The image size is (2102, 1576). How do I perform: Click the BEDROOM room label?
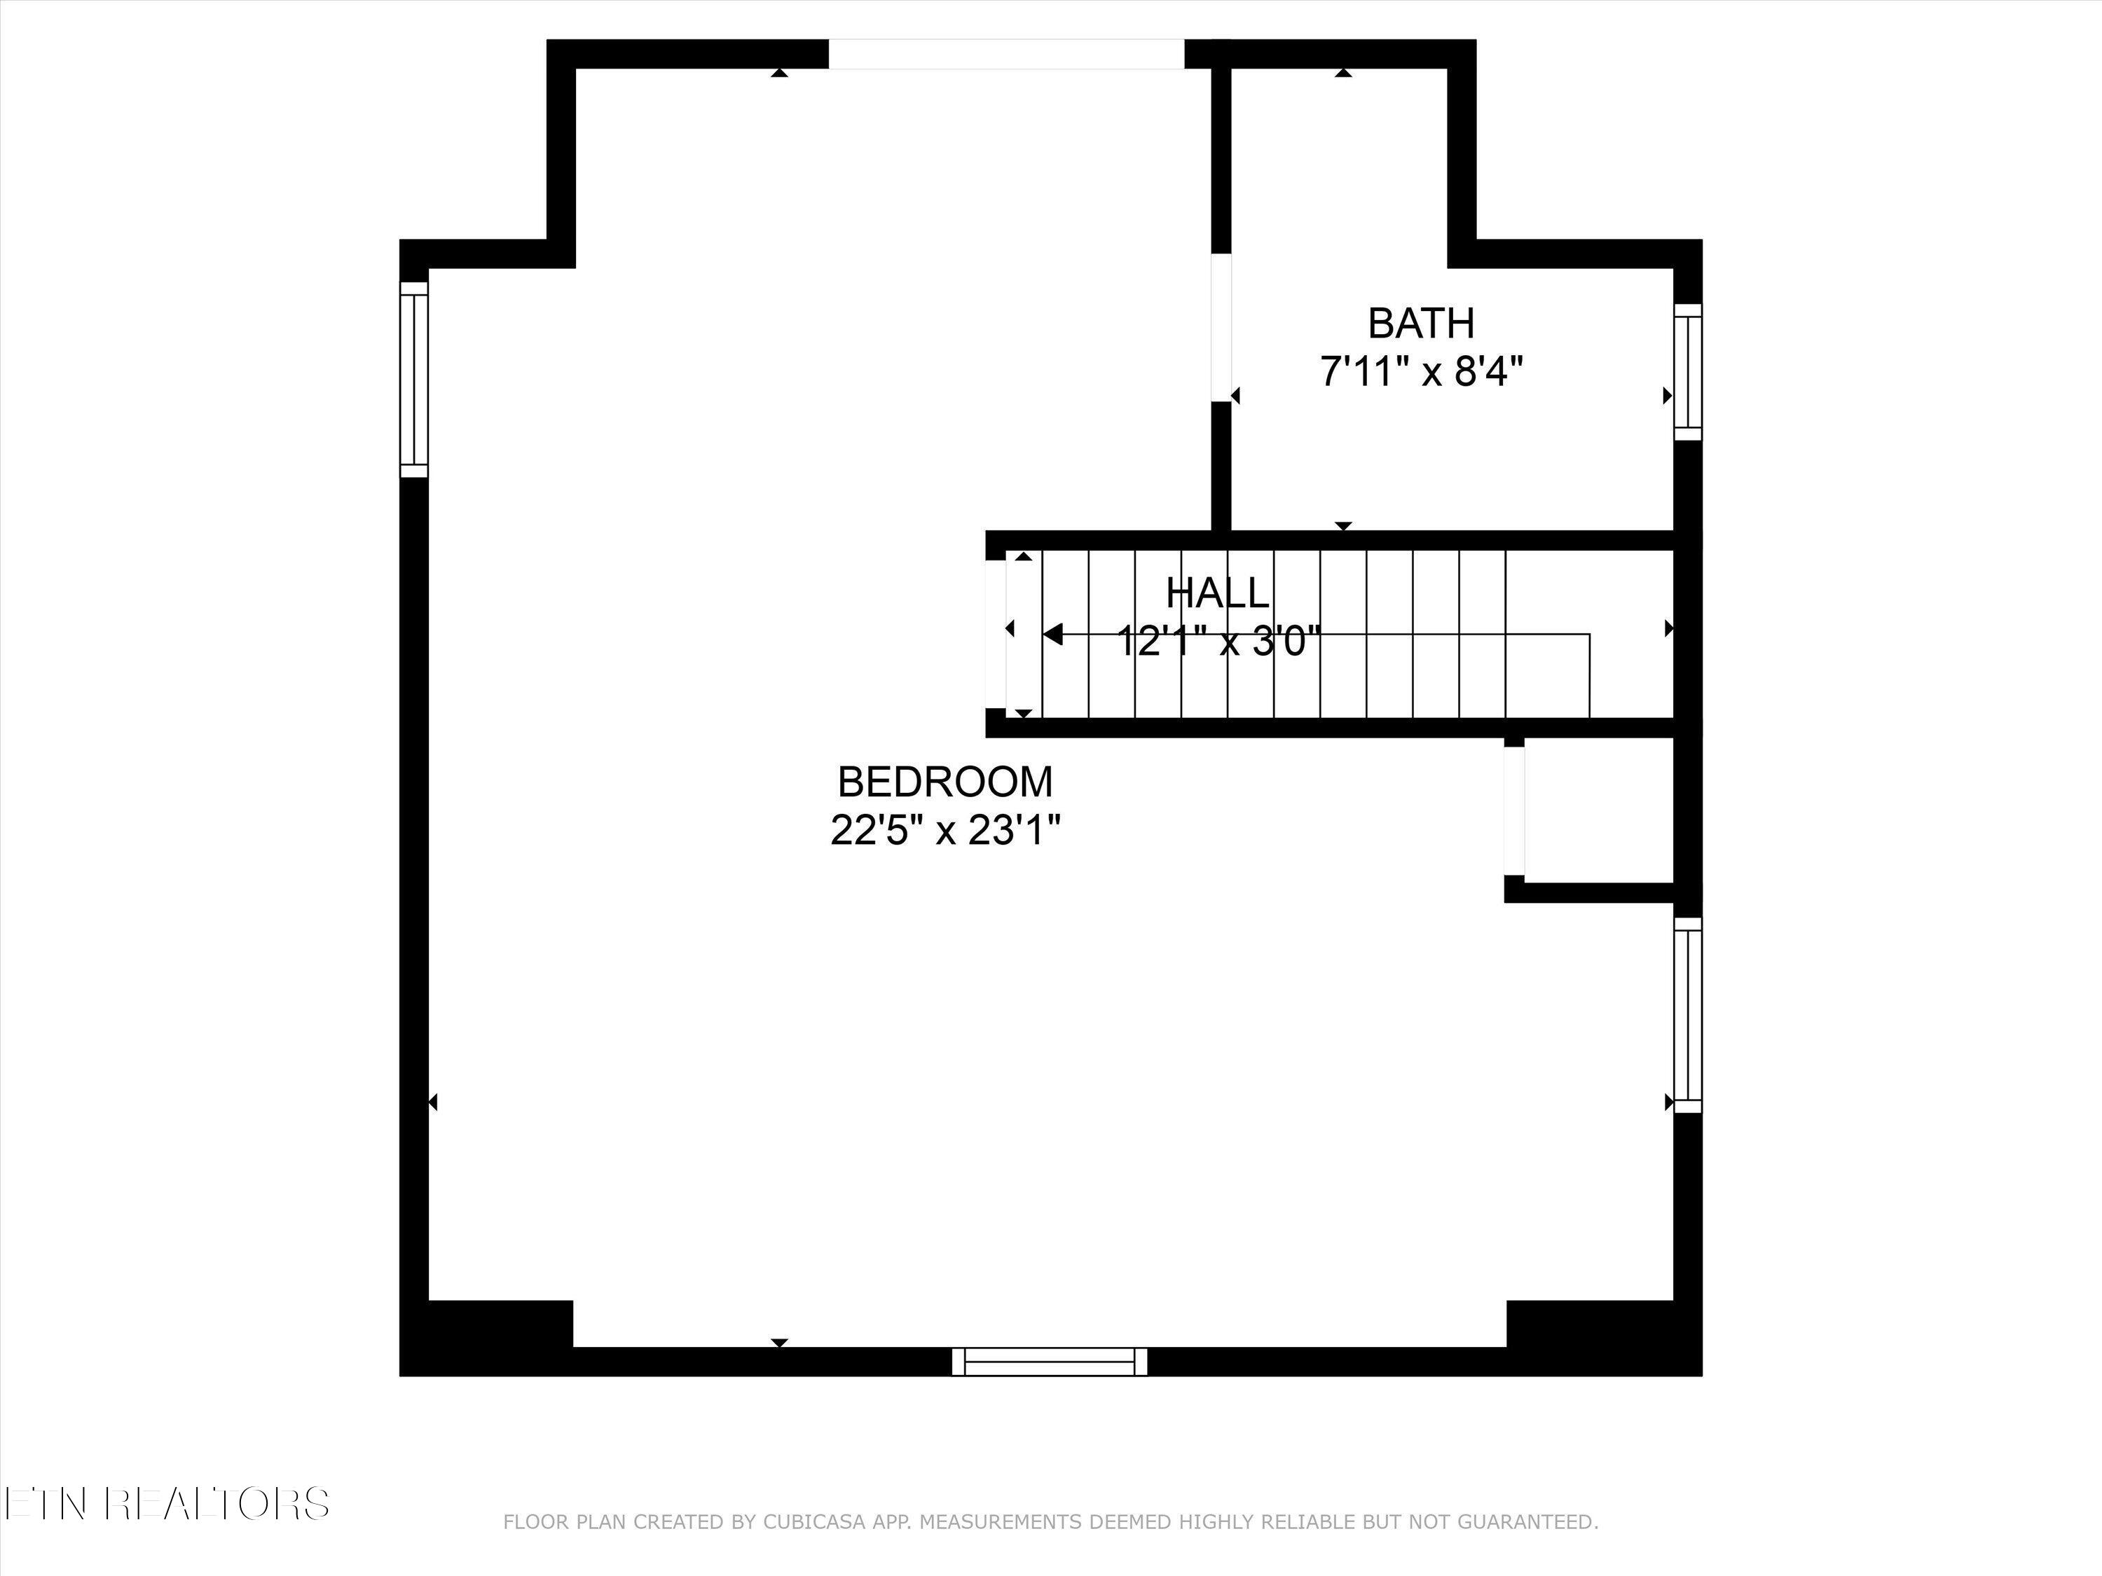click(x=944, y=782)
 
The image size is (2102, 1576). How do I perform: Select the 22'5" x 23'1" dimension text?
click(x=944, y=831)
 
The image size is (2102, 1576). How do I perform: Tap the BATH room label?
click(x=1421, y=324)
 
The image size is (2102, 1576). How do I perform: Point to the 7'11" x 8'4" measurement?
click(x=1421, y=371)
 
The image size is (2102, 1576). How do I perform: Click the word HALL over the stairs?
click(x=1217, y=594)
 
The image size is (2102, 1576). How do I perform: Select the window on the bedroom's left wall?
click(x=414, y=379)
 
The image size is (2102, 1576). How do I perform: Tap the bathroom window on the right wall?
click(x=1688, y=373)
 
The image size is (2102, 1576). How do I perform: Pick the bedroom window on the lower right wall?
click(x=1688, y=1014)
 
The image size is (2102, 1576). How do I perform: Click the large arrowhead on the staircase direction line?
click(x=1052, y=635)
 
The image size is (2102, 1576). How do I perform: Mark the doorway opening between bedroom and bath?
click(x=1221, y=327)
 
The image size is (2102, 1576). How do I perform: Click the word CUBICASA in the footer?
click(x=814, y=1523)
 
